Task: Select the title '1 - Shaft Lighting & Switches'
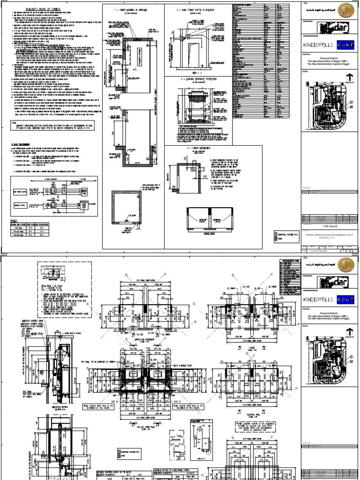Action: (134, 9)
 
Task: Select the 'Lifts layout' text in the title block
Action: (315, 226)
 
